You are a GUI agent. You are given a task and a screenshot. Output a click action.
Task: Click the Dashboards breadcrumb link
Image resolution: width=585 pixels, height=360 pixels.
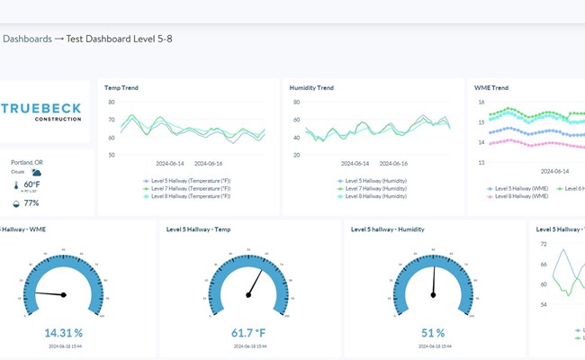[27, 39]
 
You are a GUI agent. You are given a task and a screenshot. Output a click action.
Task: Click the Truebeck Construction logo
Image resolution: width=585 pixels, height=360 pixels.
[41, 112]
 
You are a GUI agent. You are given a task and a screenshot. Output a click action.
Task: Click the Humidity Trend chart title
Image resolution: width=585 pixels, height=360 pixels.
[311, 87]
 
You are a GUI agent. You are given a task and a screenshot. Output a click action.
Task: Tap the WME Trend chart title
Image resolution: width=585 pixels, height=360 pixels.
[491, 87]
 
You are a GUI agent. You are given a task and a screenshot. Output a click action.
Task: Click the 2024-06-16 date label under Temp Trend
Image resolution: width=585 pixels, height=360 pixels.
[208, 164]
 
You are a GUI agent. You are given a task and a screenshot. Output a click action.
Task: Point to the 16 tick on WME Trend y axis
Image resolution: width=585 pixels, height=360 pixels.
[481, 102]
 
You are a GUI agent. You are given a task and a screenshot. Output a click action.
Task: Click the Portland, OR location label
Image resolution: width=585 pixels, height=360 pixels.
[27, 162]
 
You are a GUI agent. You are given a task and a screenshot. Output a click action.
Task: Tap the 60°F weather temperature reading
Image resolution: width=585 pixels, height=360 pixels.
[31, 184]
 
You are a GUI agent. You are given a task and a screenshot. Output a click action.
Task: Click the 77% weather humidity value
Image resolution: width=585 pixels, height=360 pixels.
[31, 203]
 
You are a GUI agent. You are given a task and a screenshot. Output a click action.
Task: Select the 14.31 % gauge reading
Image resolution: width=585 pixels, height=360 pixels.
[64, 332]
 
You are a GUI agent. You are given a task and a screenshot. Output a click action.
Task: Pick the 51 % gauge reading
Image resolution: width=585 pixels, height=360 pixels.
[433, 332]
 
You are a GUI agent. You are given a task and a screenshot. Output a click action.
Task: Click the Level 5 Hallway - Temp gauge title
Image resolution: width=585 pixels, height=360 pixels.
[198, 229]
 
